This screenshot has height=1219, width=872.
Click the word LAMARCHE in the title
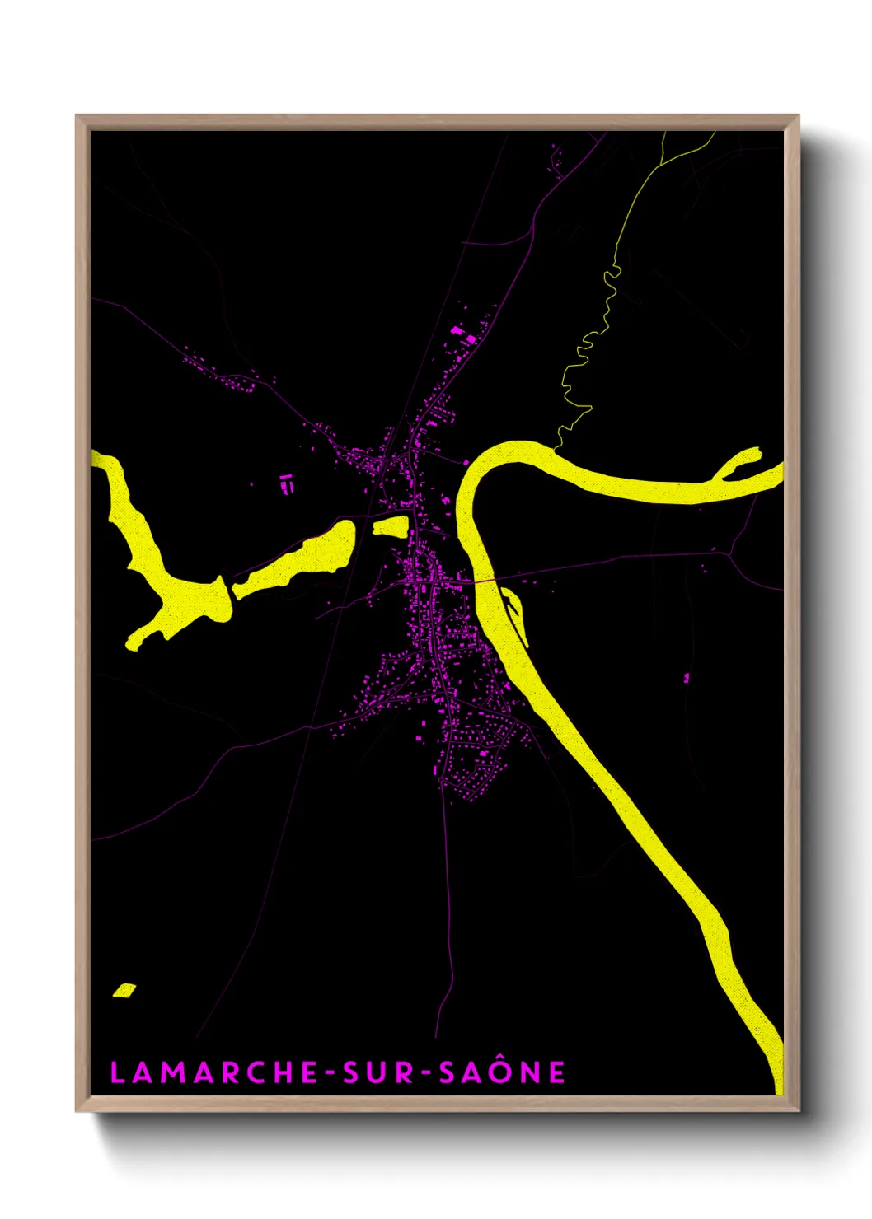coord(213,1072)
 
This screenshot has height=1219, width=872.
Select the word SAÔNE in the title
coord(502,1072)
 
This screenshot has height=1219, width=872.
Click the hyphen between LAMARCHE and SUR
coord(330,1073)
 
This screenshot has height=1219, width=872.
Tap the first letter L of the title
coord(117,1072)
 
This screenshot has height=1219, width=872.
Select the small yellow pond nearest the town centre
coord(391,526)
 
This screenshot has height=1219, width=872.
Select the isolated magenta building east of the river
coord(687,678)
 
